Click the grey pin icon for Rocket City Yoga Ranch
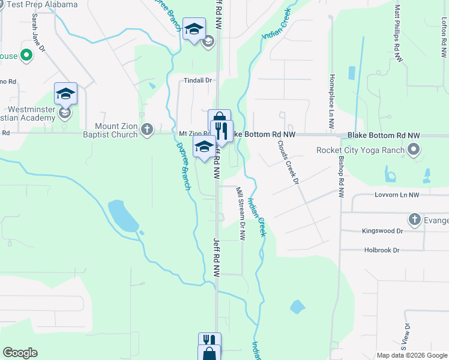(x=413, y=149)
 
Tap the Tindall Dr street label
(x=198, y=80)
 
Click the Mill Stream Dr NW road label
(x=241, y=214)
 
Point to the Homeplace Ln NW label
(x=331, y=102)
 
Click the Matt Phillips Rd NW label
(x=398, y=34)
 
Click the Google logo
(x=20, y=353)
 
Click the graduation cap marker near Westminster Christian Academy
(x=65, y=94)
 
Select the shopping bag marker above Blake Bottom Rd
(x=219, y=117)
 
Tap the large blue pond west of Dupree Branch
(x=122, y=215)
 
